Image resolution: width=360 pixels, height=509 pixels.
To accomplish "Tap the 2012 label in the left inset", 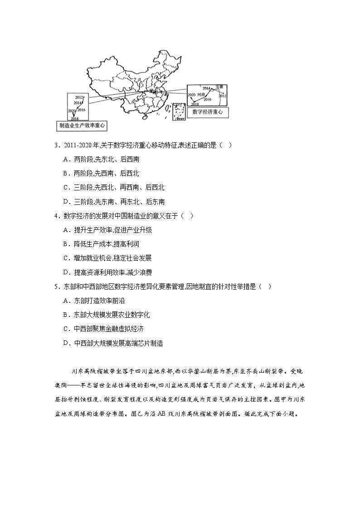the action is [80, 97].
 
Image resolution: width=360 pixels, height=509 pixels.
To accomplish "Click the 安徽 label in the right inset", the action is [219, 87].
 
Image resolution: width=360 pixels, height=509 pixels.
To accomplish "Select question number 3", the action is [55, 145].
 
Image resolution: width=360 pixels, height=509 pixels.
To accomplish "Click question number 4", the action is [55, 216].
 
